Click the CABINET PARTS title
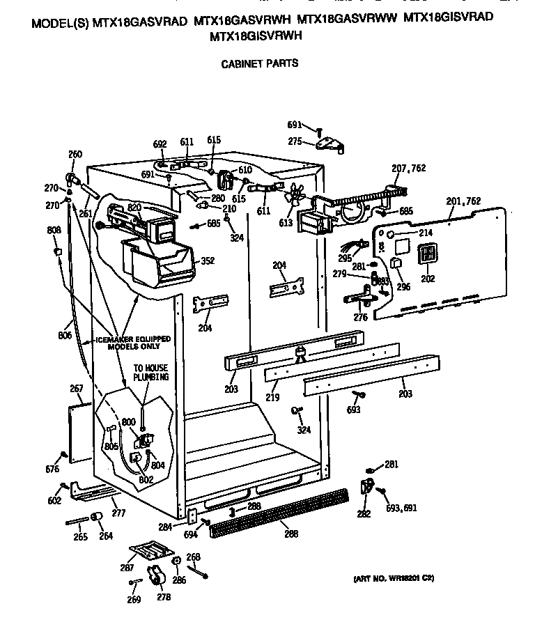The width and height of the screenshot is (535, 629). point(259,63)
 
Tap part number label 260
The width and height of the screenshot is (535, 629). point(75,155)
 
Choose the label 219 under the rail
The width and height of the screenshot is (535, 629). point(272,398)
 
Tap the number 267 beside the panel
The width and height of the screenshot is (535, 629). point(76,389)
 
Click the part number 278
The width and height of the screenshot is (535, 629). point(164,598)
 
